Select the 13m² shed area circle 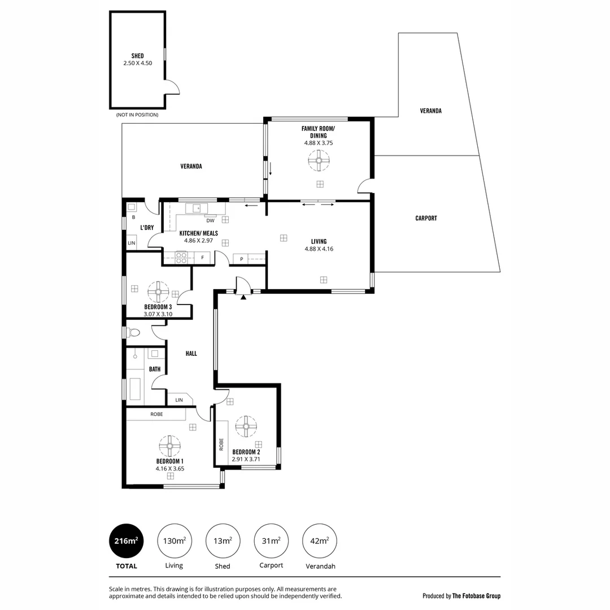point(223,541)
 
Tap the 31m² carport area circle point(271,541)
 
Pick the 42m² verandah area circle point(320,541)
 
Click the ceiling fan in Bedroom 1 point(169,446)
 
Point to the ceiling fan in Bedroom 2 point(246,426)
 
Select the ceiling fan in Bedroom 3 point(158,293)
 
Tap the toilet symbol point(133,333)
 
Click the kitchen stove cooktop point(182,258)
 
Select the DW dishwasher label point(210,220)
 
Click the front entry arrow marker point(243,296)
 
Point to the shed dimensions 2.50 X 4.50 point(138,63)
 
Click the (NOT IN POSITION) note point(137,115)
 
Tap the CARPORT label point(426,218)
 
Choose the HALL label point(191,354)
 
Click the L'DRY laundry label point(147,228)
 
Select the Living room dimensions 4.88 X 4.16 point(319,249)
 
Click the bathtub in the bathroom point(136,389)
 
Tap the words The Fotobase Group point(476,595)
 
